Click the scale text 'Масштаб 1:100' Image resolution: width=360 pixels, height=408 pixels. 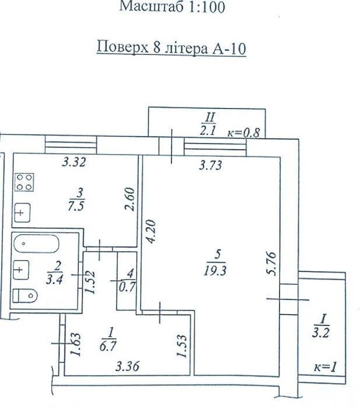click(x=172, y=6)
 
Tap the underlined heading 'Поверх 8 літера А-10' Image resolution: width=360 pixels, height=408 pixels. click(x=172, y=48)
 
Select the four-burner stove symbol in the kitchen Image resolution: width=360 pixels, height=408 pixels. click(x=25, y=182)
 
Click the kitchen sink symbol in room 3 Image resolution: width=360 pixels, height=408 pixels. click(x=22, y=212)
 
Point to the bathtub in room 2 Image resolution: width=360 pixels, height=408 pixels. click(x=36, y=244)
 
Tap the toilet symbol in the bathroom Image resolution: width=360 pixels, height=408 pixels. click(x=25, y=296)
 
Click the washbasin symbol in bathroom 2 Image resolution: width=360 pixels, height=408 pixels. click(x=20, y=270)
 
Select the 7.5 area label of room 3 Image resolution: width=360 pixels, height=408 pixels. click(x=76, y=207)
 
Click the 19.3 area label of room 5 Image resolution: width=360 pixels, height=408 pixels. click(x=215, y=270)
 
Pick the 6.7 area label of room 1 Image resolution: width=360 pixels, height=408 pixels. click(x=108, y=346)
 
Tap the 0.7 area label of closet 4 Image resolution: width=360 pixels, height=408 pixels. click(x=127, y=287)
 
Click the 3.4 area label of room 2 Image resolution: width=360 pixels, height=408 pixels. click(x=54, y=280)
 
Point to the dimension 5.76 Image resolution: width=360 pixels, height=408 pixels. click(x=271, y=264)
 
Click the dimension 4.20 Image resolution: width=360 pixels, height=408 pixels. click(x=151, y=231)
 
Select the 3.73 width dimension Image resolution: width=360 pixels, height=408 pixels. click(x=211, y=165)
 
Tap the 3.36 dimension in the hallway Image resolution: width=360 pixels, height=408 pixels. click(x=127, y=367)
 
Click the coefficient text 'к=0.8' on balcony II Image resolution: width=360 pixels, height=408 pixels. click(x=244, y=132)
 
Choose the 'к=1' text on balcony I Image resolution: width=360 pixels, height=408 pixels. click(x=325, y=367)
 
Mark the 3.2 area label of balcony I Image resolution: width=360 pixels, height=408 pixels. click(x=321, y=333)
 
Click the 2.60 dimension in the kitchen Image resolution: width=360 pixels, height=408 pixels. click(x=130, y=199)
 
